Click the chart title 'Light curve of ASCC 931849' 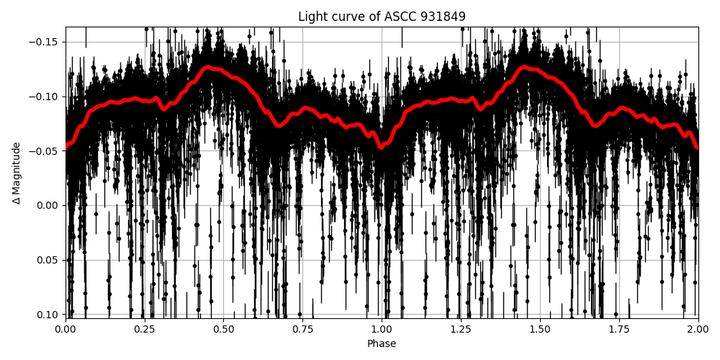(382, 17)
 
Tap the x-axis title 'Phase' (382, 344)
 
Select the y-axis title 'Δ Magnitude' (17, 173)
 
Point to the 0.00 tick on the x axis (66, 330)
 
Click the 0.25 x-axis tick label (145, 330)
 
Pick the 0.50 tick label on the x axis (224, 330)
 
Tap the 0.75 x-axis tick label (302, 330)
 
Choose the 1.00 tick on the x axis (382, 330)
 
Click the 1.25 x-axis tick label (461, 330)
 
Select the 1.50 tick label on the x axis (540, 330)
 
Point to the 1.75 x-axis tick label (619, 330)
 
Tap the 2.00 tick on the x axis (698, 330)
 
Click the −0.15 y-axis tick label (45, 42)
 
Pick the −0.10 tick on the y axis (45, 96)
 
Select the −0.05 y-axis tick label (45, 151)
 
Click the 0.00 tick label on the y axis (49, 205)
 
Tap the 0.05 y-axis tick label (49, 260)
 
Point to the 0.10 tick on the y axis (49, 315)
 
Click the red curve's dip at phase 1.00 (382, 147)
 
